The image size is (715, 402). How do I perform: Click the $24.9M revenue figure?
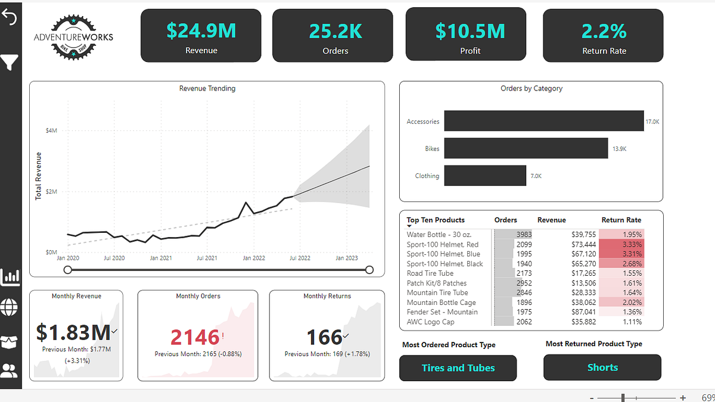point(201,30)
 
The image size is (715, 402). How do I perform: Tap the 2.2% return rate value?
point(604,30)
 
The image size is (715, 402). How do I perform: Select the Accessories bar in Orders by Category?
point(543,121)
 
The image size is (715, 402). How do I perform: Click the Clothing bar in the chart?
point(484,176)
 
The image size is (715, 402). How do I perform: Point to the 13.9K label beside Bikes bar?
point(619,149)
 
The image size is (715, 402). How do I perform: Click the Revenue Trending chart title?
point(207,88)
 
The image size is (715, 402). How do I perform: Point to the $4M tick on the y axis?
point(51,130)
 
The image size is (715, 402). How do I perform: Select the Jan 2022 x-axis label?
point(254,258)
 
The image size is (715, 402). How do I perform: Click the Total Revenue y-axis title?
point(39,175)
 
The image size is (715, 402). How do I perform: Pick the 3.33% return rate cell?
point(623,244)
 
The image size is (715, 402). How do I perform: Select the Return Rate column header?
point(621,220)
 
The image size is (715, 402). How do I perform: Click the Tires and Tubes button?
point(458,368)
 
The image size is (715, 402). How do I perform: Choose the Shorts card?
point(602,367)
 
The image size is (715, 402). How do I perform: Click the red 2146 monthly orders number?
point(195,338)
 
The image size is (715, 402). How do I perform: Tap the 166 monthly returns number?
point(324,338)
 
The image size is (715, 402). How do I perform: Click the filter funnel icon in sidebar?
point(10,62)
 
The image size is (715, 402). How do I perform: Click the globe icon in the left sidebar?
point(10,307)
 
